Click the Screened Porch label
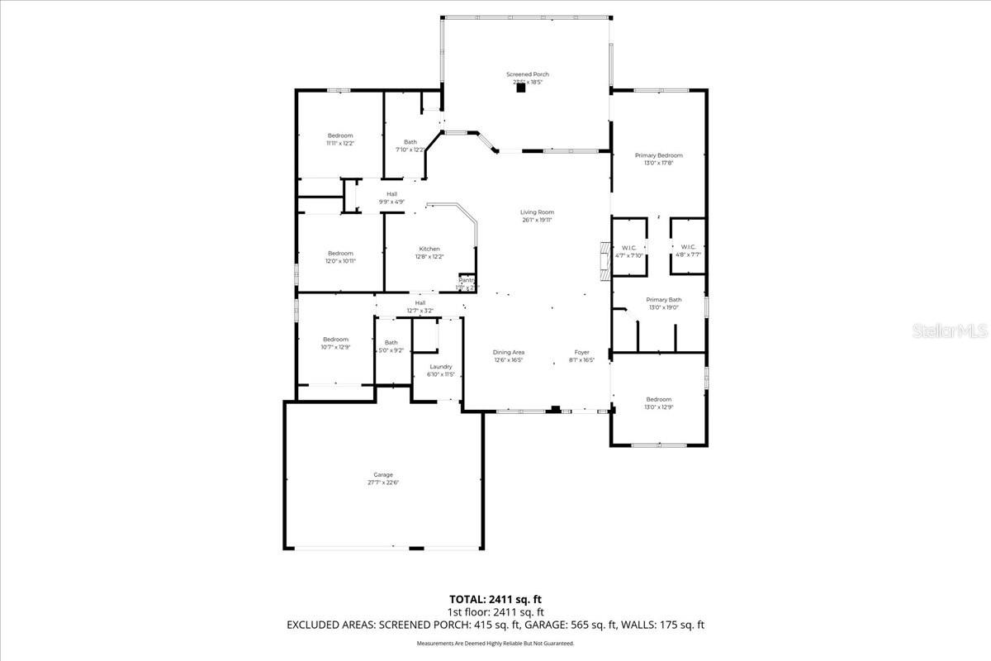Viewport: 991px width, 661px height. pos(527,78)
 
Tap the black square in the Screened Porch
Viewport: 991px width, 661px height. pos(521,89)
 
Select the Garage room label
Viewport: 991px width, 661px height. pos(382,478)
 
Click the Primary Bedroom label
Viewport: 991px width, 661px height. pos(658,159)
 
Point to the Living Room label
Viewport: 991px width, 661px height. pos(537,216)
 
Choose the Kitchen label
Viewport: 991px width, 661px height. pos(429,252)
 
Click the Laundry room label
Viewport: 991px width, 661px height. pos(441,370)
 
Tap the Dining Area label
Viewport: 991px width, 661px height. pos(509,356)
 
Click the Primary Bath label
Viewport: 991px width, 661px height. pos(663,303)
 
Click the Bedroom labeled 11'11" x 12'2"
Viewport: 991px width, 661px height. pos(340,139)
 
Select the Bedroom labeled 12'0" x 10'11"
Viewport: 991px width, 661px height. pos(340,257)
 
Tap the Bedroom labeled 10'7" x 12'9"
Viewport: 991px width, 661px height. pos(335,343)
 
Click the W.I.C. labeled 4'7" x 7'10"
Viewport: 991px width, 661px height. pos(628,250)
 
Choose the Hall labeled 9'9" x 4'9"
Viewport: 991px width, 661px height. pos(391,197)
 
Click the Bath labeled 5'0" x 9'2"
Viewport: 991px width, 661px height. pos(391,346)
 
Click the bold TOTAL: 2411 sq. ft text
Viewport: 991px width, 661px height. pos(495,599)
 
